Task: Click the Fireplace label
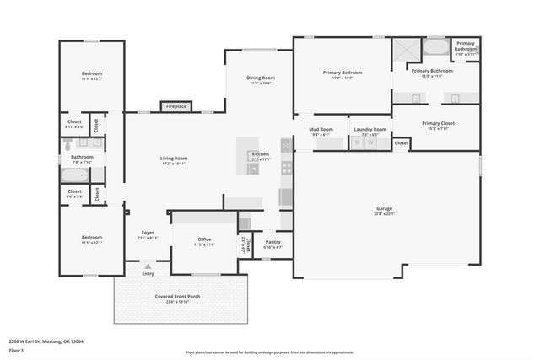(x=176, y=106)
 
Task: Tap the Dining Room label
(x=261, y=78)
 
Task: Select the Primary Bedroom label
(x=343, y=73)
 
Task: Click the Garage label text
(x=384, y=208)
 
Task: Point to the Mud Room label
(x=321, y=129)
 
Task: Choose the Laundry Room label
(x=370, y=129)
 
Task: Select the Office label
(x=204, y=239)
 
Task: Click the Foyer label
(x=148, y=233)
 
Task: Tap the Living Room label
(x=174, y=158)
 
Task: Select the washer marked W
(x=370, y=143)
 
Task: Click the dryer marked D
(x=357, y=143)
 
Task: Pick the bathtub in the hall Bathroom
(x=74, y=176)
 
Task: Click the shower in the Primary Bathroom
(x=403, y=49)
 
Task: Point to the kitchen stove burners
(x=286, y=167)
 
